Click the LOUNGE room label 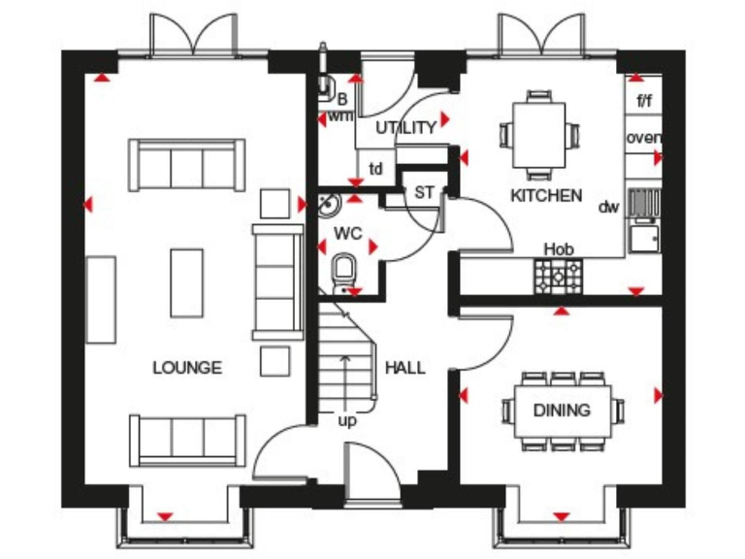click(186, 368)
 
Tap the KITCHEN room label click(546, 195)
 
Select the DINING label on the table click(562, 410)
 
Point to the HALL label click(405, 368)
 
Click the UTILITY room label click(405, 128)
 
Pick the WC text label click(347, 234)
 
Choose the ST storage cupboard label click(425, 192)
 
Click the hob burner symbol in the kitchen click(557, 276)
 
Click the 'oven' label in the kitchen click(643, 138)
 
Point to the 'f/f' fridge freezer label click(644, 101)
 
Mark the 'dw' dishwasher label click(608, 207)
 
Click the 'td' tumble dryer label click(375, 169)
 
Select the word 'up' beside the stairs click(345, 421)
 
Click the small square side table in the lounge click(275, 204)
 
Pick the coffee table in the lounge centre click(187, 281)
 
